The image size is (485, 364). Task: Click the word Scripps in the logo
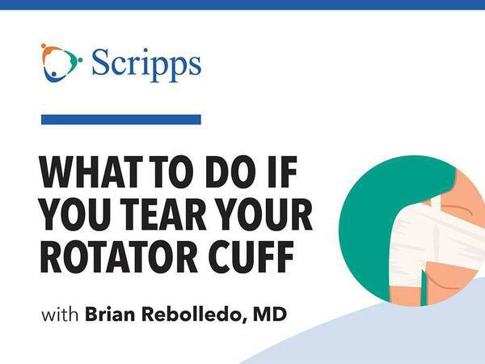click(146, 65)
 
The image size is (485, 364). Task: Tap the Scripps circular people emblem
click(61, 63)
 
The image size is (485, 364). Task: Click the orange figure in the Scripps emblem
click(49, 54)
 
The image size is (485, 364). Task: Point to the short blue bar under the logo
click(121, 120)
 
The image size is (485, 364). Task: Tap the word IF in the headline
click(282, 171)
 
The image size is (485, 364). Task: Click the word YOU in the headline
click(75, 214)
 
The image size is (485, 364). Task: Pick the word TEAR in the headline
click(163, 214)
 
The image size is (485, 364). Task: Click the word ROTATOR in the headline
click(119, 256)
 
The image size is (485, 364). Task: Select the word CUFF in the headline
click(251, 256)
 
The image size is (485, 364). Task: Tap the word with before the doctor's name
click(60, 315)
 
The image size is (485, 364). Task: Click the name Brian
click(110, 315)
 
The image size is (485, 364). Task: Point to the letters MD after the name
click(270, 315)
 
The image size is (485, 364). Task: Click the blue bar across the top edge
click(242, 5)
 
